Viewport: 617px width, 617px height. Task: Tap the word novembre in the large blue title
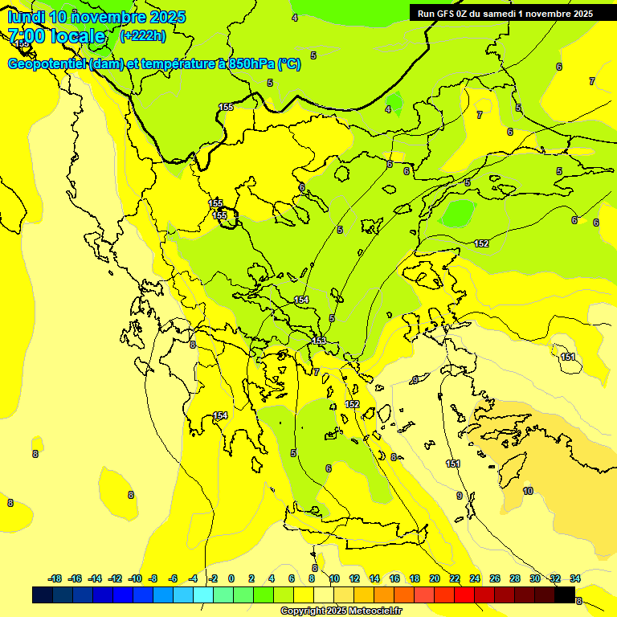click(106, 17)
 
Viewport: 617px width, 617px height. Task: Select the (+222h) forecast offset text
click(142, 35)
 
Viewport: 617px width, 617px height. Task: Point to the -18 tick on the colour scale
click(55, 578)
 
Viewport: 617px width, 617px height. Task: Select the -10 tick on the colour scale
click(134, 578)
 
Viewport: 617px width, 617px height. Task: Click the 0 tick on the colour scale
click(231, 578)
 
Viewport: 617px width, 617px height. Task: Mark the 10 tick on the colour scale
click(334, 578)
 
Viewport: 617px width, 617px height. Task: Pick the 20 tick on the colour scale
click(434, 578)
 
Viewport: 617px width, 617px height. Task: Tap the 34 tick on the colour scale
click(575, 578)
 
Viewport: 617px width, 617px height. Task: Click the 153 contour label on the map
click(319, 341)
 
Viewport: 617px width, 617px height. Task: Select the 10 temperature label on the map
click(527, 491)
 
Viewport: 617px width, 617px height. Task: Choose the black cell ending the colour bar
click(565, 595)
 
